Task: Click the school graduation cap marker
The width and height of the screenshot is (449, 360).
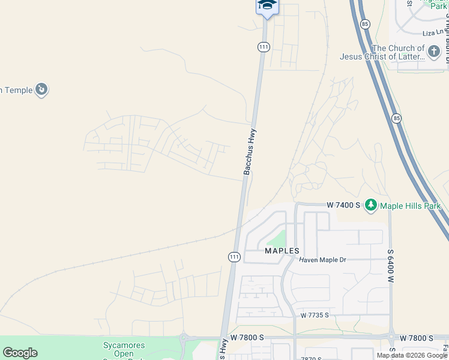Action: (267, 5)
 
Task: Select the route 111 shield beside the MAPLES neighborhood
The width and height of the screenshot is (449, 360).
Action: (234, 256)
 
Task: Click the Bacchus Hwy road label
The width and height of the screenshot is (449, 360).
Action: (250, 152)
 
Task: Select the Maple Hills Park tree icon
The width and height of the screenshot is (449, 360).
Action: (371, 206)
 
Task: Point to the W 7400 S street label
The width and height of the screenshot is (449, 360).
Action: (343, 205)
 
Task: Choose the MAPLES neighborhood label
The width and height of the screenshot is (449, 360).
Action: (282, 251)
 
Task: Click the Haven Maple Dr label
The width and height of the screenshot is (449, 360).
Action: (323, 260)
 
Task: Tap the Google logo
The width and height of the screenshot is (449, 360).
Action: (20, 353)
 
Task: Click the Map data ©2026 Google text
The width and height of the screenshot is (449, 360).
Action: (411, 355)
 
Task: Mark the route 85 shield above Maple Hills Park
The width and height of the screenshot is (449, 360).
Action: (396, 118)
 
